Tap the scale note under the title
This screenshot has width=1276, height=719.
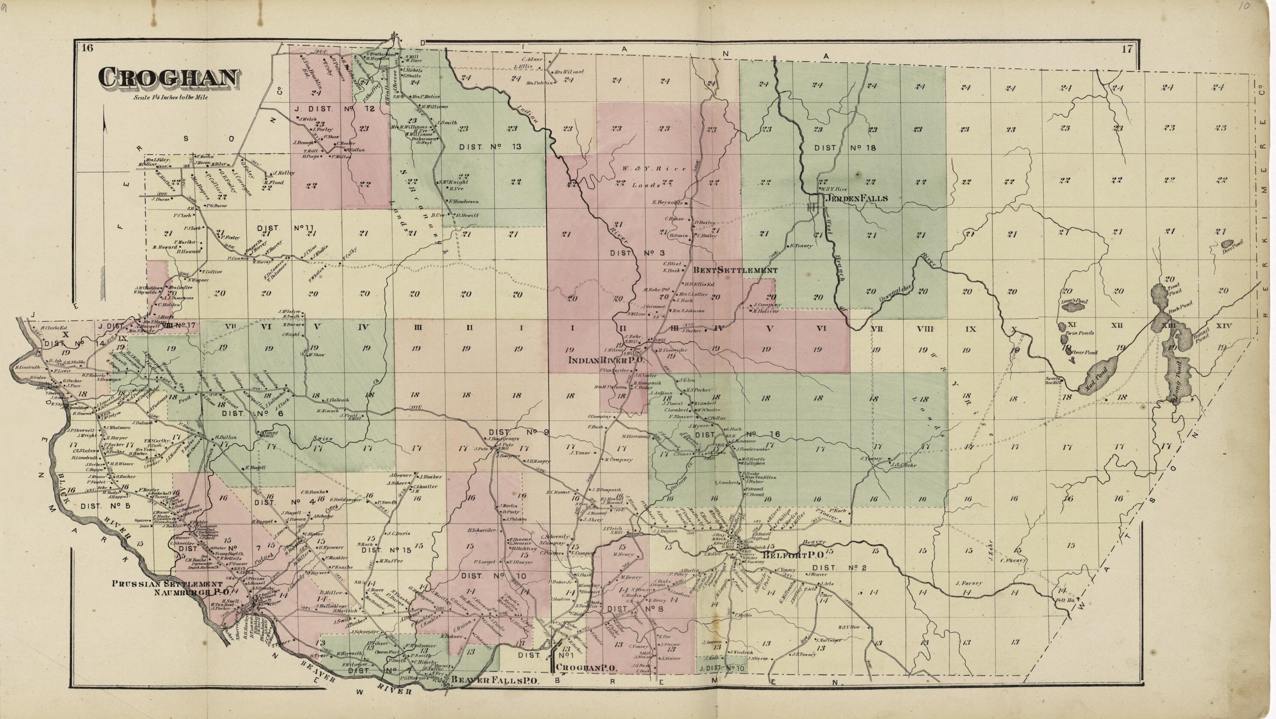click(171, 98)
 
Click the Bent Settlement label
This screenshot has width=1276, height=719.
click(735, 270)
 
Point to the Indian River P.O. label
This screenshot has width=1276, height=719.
click(605, 361)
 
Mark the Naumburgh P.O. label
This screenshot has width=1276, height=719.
click(191, 592)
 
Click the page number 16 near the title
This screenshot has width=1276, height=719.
click(88, 48)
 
